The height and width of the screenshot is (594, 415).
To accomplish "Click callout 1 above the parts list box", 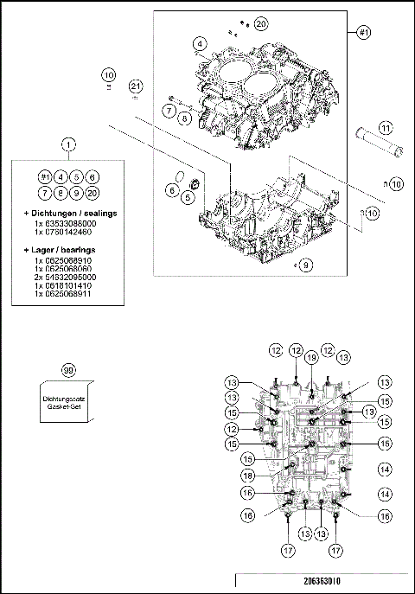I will point(68,146).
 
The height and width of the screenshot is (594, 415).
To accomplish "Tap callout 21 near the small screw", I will point(135,85).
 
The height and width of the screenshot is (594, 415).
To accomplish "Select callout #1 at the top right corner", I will point(364,32).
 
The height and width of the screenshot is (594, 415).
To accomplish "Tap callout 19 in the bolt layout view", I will point(312,357).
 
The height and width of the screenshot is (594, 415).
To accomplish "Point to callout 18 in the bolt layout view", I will point(248,476).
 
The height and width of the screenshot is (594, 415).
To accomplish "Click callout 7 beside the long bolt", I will point(169,110).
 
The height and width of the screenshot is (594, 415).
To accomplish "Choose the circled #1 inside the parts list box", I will point(44,176).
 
